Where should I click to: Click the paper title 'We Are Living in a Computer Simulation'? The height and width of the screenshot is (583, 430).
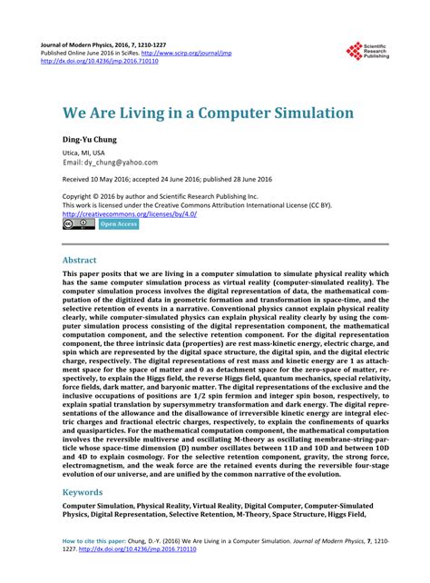[194, 114]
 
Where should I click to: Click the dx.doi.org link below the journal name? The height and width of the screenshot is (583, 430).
[115, 63]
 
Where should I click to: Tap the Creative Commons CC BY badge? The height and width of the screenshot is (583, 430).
[75, 223]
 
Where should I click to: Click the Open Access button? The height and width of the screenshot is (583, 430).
[118, 224]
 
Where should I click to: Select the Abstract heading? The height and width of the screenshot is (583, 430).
[79, 260]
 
